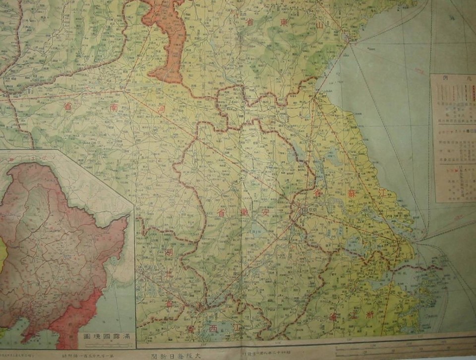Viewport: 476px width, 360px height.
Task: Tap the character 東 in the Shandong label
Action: (284, 23)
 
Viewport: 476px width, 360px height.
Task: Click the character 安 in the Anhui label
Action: (266, 213)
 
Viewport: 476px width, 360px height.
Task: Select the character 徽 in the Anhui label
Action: (243, 213)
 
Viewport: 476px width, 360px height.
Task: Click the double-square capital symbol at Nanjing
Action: (303, 211)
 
